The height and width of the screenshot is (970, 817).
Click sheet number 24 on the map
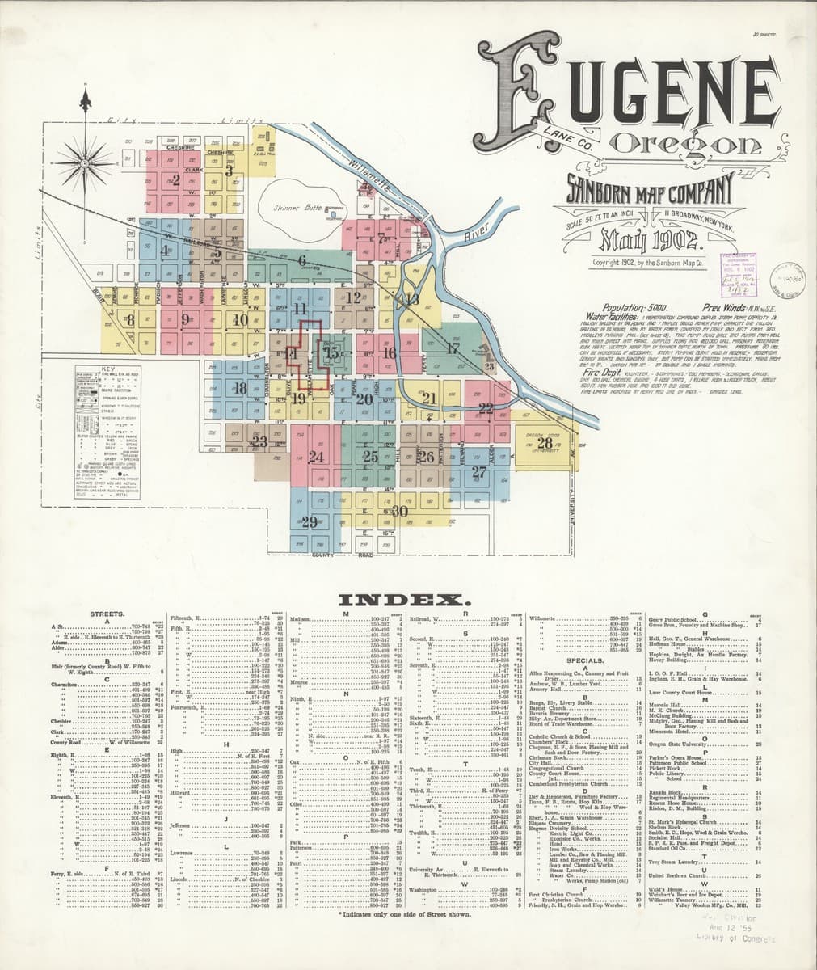[x=316, y=458]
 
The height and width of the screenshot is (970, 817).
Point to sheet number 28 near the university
[x=546, y=443]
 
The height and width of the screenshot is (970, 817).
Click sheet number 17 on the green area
[x=453, y=348]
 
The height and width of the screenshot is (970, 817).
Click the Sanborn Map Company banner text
[x=646, y=190]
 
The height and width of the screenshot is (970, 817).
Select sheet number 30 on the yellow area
[x=398, y=511]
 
